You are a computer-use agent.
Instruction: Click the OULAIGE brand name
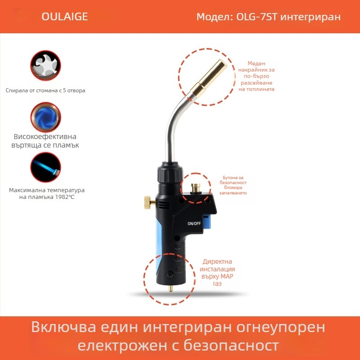[64, 17]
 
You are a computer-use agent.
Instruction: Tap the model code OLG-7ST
[256, 17]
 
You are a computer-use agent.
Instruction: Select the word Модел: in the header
[215, 17]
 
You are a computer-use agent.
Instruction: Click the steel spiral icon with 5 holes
[45, 65]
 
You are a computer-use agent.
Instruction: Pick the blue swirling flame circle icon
[45, 117]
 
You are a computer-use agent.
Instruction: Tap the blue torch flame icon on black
[45, 167]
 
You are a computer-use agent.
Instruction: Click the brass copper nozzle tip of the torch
[208, 78]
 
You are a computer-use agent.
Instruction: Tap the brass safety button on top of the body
[196, 188]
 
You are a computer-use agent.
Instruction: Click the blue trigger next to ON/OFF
[207, 223]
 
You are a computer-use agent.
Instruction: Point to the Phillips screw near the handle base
[170, 274]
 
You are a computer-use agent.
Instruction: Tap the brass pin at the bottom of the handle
[171, 288]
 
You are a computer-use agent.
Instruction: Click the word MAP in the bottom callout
[226, 276]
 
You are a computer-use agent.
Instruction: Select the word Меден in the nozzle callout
[256, 63]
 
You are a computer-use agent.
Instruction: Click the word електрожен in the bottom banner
[122, 345]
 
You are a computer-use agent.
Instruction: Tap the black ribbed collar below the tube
[170, 173]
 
